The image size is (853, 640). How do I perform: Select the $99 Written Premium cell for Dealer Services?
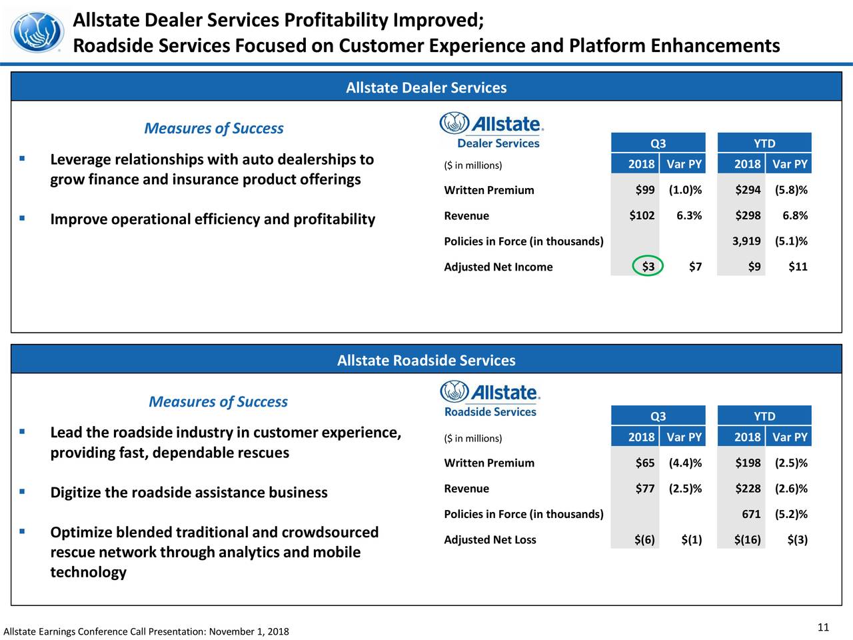(644, 190)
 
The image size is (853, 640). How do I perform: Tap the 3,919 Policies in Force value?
(746, 241)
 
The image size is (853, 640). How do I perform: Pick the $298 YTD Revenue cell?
(748, 215)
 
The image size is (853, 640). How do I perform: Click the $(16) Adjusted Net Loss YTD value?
(747, 539)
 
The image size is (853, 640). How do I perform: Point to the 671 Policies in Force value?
(751, 514)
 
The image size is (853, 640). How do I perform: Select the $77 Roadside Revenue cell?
(644, 489)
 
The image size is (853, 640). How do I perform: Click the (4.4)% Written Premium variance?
(685, 463)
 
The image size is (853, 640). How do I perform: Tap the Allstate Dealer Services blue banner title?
(426, 88)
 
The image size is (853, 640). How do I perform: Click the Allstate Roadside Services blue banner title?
(426, 361)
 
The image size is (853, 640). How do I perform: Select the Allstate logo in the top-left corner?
(38, 32)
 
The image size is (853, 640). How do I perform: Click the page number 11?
(823, 627)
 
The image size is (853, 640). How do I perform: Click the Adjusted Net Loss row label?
(490, 539)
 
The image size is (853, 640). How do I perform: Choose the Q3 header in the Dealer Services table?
(658, 143)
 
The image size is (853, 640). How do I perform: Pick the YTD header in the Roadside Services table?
(764, 416)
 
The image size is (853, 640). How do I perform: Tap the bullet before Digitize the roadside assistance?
(23, 492)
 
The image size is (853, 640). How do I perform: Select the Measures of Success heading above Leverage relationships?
(213, 128)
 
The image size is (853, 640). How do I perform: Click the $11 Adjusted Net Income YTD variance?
(797, 267)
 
